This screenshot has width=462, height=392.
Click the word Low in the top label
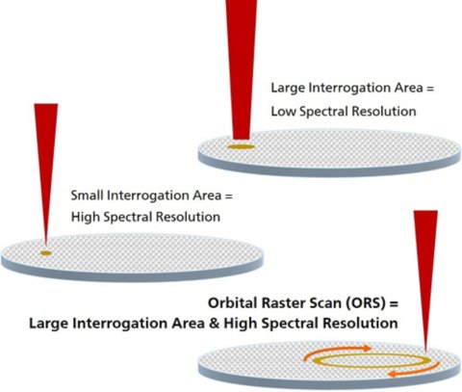(282, 112)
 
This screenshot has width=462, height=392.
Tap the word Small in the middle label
(88, 196)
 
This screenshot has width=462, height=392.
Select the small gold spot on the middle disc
(45, 252)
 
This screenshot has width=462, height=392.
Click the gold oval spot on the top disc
(240, 146)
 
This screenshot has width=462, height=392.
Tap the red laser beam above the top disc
(241, 58)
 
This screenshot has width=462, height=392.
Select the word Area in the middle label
(206, 196)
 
